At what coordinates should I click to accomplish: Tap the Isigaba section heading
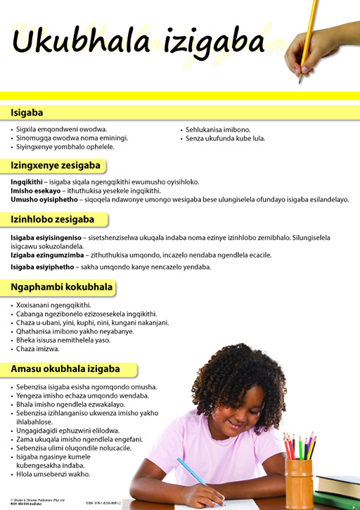click(27, 113)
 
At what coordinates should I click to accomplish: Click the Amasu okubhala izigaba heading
click(65, 369)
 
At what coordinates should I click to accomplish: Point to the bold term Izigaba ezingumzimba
click(44, 255)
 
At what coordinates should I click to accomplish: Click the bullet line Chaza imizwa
click(39, 349)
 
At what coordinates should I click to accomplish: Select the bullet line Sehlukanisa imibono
click(217, 130)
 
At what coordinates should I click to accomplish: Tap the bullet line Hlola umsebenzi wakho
click(53, 474)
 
